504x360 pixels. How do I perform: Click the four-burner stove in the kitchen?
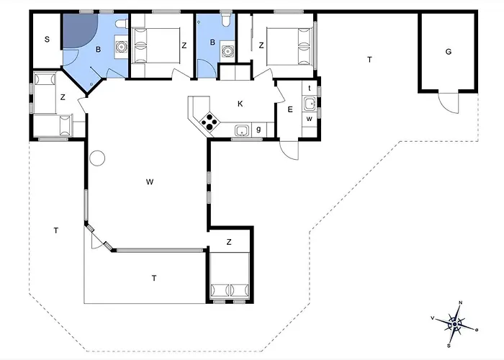coord(209,122)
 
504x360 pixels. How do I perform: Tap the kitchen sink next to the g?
coord(243,130)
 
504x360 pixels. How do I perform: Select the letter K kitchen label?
coord(240,104)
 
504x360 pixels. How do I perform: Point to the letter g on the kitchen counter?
coord(260,130)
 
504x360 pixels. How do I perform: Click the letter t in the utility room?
coord(309,88)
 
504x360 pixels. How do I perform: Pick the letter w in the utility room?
coord(309,117)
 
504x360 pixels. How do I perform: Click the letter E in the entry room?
coord(290,109)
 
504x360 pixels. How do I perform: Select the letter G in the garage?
coord(448,51)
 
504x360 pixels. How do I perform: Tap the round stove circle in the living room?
coord(97,157)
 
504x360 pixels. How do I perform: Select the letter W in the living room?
coord(150,181)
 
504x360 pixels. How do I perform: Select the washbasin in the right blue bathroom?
coord(229,50)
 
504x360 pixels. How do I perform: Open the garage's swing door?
coord(449,102)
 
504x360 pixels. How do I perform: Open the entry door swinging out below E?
coord(289,149)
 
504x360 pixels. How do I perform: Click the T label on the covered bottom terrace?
coord(153,277)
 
